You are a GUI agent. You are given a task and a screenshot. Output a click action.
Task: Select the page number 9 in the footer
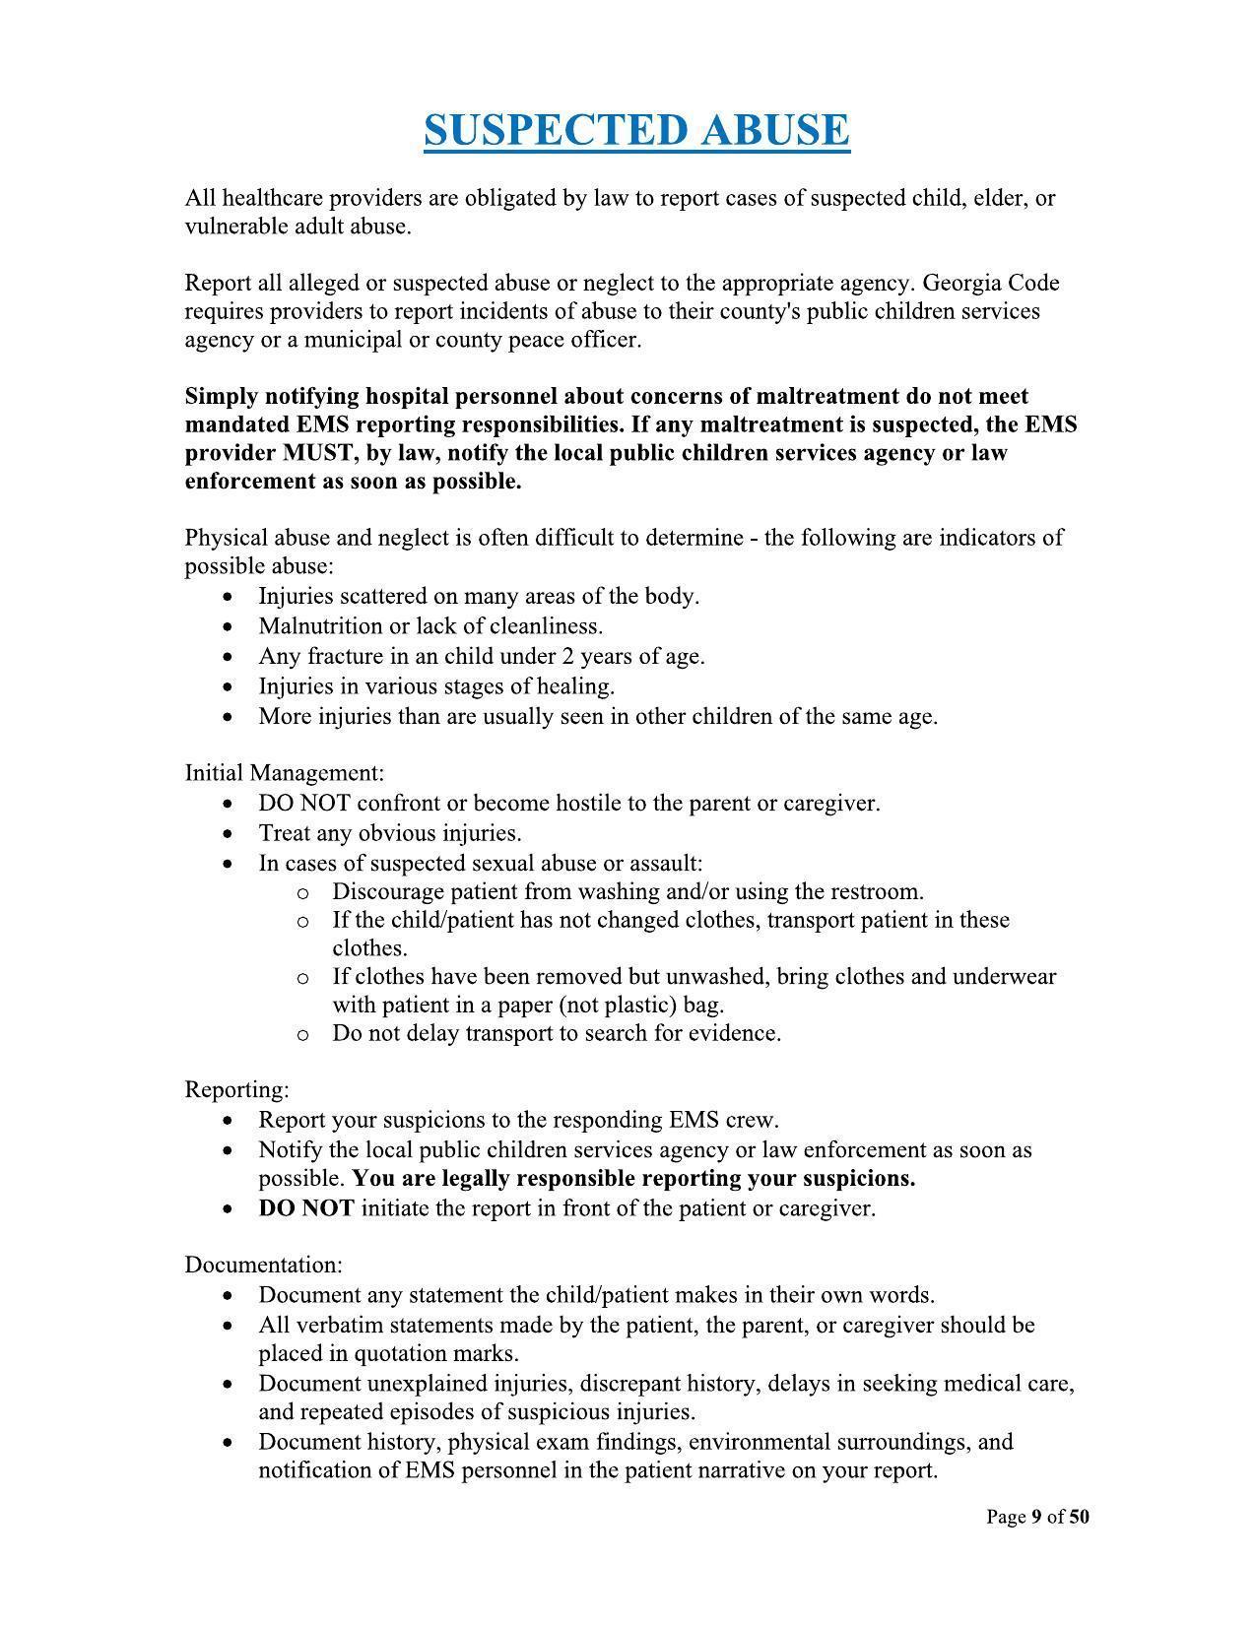[x=1036, y=1517]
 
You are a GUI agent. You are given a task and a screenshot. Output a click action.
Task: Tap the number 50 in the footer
[x=1079, y=1517]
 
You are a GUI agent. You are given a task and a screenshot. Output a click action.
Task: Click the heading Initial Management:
[x=284, y=772]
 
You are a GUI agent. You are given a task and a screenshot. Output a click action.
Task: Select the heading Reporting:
[x=236, y=1089]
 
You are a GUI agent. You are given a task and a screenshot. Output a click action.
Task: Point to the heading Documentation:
[x=263, y=1264]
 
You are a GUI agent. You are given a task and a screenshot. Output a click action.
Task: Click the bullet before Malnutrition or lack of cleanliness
[x=230, y=627]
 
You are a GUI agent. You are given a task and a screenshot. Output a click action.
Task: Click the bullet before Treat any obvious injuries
[x=230, y=834]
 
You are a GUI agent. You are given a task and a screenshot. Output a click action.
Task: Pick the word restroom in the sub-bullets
[x=876, y=892]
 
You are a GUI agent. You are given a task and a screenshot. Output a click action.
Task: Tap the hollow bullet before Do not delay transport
[x=302, y=1034]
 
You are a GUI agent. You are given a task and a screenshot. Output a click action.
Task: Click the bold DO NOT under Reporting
[x=305, y=1208]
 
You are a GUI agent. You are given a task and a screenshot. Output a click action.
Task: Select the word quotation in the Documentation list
[x=398, y=1353]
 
